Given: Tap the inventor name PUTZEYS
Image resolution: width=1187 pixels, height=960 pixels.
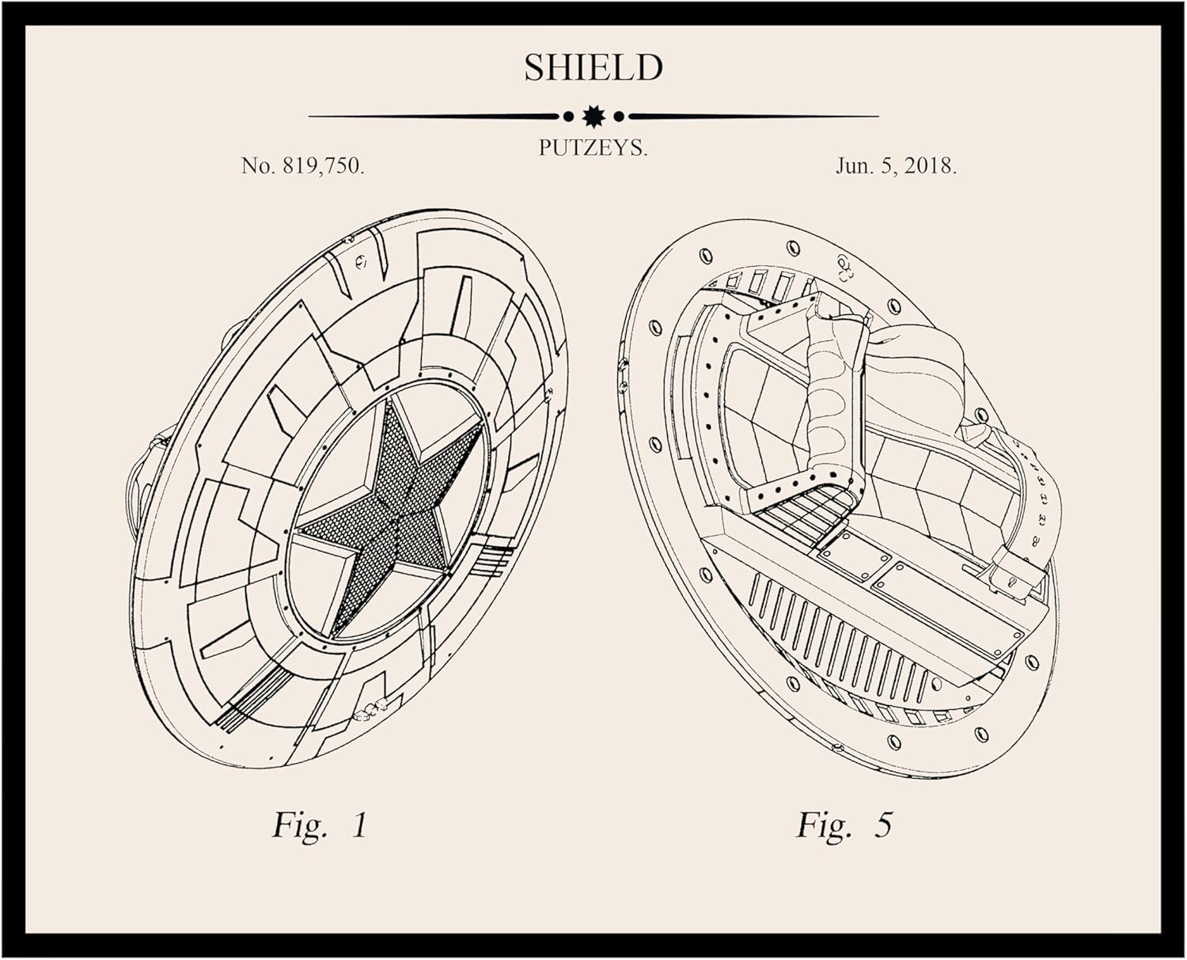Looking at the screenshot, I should click(x=593, y=148).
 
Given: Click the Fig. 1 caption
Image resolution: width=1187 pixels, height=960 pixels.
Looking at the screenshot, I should click(x=320, y=825).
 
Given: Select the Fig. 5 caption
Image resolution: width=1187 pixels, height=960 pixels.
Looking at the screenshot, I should click(x=844, y=825).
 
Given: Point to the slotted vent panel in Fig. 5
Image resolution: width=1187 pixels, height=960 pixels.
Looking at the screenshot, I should click(x=839, y=641).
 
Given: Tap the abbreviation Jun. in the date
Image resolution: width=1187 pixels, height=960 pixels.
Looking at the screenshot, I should click(x=853, y=166).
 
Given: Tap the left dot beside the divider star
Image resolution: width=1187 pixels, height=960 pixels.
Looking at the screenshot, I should click(x=567, y=116).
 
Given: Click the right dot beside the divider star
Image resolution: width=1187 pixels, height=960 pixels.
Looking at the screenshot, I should click(x=619, y=116).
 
